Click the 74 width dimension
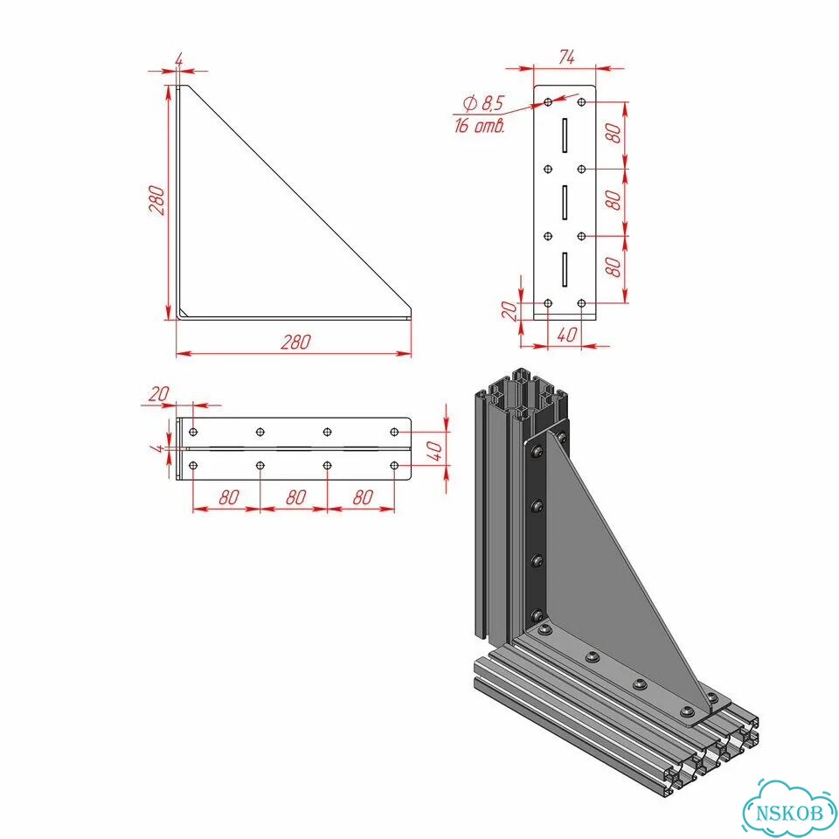pyautogui.click(x=566, y=58)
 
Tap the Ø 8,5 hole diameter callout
pyautogui.click(x=483, y=102)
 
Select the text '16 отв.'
pyautogui.click(x=480, y=126)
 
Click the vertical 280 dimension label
pyautogui.click(x=156, y=200)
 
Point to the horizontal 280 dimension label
pyautogui.click(x=295, y=342)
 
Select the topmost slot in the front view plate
pyautogui.click(x=565, y=135)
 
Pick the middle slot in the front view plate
pyautogui.click(x=565, y=202)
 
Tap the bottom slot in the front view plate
pyautogui.click(x=565, y=269)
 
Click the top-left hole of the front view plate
pyautogui.click(x=548, y=101)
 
